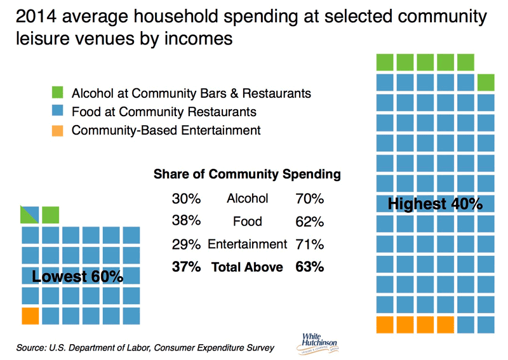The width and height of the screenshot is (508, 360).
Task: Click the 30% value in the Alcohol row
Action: coord(186,199)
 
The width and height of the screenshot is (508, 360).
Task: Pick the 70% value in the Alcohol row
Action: coord(310,199)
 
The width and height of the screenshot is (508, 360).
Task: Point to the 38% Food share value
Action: coord(186,222)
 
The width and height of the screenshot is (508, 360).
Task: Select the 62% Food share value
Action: coord(310,222)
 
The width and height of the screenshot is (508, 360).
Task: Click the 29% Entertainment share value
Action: coord(186,244)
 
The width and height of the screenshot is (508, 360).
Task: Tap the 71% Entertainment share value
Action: coord(310,244)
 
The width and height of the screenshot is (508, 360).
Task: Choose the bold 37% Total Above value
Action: coord(186,267)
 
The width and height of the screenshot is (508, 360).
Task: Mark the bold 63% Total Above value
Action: coord(310,267)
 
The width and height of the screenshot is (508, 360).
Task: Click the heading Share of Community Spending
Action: coord(247,174)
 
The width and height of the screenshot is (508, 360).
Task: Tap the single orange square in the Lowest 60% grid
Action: coord(30,316)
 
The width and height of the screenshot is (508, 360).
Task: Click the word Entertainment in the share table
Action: coord(247,244)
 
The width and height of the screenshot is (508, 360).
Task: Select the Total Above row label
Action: coord(247,267)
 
